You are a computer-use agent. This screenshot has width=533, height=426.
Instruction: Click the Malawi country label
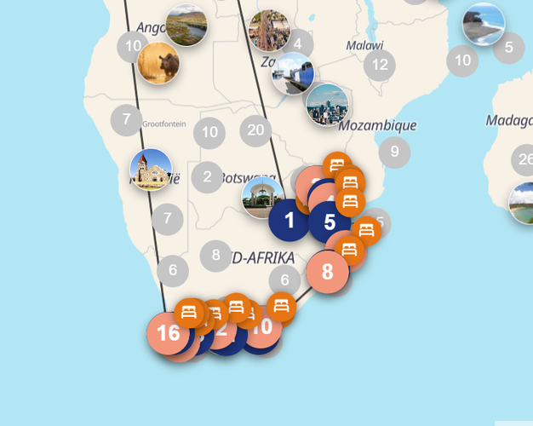364,45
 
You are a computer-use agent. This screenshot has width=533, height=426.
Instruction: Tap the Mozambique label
377,125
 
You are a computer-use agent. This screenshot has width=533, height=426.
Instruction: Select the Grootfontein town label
163,124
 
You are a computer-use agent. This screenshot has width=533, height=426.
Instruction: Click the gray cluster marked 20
255,130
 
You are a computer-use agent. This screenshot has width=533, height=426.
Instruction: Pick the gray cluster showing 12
380,65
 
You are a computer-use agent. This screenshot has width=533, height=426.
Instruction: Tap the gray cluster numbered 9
394,153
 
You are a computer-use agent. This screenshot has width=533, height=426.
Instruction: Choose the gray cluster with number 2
207,177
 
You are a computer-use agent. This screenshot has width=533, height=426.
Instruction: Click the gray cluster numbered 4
297,43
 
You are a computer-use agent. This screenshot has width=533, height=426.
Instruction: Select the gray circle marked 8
216,255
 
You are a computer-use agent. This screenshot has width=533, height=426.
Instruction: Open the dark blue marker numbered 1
289,222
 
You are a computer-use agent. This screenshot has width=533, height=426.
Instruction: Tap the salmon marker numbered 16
169,332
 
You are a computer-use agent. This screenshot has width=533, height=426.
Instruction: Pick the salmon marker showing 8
328,273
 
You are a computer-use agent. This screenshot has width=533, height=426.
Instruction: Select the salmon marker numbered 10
262,326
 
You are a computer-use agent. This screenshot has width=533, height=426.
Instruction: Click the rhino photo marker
158,63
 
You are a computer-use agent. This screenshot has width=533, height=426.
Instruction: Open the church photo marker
151,170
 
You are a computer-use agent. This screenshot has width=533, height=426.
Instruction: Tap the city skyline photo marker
326,105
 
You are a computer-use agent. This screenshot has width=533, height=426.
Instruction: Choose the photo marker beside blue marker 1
263,197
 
